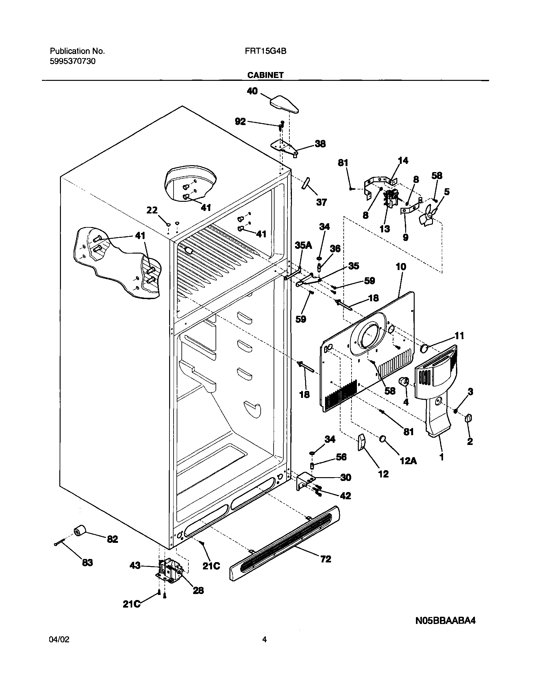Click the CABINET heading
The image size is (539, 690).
265,75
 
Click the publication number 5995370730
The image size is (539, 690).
73,61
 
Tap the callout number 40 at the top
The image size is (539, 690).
252,91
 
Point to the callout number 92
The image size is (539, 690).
240,122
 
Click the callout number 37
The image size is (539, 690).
322,202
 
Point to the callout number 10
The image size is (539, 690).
401,267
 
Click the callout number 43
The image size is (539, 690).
135,565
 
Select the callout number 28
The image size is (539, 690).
198,590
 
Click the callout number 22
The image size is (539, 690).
152,210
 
